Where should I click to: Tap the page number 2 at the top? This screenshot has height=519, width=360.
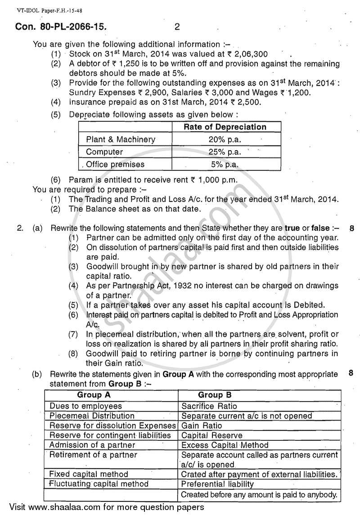click(177, 27)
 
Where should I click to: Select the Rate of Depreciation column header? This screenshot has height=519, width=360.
click(225, 127)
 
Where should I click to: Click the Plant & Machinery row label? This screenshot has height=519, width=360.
click(121, 139)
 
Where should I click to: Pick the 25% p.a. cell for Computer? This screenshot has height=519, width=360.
click(225, 152)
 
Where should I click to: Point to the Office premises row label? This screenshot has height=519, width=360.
click(115, 165)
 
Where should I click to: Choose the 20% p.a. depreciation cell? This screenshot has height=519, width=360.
click(225, 139)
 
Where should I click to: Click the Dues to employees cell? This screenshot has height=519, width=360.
click(85, 406)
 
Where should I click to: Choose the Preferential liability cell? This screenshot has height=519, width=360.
click(217, 484)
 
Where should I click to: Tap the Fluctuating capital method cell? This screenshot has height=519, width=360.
click(99, 484)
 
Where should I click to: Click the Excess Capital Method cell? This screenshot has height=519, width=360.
click(225, 445)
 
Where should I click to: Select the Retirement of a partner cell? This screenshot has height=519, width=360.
click(93, 455)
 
